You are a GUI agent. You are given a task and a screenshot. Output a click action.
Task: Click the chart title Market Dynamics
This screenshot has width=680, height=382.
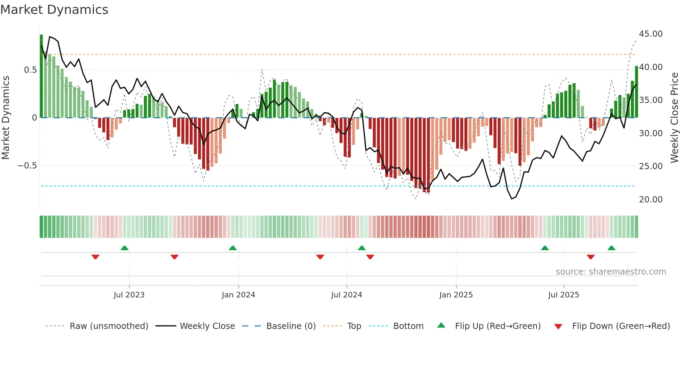[x=54, y=10]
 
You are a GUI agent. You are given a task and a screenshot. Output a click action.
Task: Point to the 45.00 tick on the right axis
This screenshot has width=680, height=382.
[x=651, y=34]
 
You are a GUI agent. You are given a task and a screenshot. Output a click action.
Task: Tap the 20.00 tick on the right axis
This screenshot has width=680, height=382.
[x=651, y=200]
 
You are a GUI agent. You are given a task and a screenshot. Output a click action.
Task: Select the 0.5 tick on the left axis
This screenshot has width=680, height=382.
[x=30, y=70]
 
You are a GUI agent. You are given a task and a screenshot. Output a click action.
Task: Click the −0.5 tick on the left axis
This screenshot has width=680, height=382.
[x=27, y=166]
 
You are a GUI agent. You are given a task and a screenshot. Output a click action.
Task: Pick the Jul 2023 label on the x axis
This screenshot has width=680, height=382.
[x=129, y=295]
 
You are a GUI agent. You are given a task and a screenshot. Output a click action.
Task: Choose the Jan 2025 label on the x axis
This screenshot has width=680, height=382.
[x=456, y=295]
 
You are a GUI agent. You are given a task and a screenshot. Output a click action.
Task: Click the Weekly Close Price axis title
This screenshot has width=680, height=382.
[x=674, y=118]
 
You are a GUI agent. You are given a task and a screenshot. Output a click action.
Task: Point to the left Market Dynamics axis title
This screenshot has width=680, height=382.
[x=6, y=118]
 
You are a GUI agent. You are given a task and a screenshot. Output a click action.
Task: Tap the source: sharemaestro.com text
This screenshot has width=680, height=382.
[x=611, y=272]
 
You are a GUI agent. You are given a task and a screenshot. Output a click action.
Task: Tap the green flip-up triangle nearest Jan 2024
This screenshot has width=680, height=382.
[x=233, y=248]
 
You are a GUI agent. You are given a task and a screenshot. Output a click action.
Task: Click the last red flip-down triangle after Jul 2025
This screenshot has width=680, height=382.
[x=591, y=257]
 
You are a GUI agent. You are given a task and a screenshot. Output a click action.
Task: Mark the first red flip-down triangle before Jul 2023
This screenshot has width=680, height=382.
[x=95, y=257]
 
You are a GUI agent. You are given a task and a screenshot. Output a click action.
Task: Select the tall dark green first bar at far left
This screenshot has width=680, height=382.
[x=41, y=76]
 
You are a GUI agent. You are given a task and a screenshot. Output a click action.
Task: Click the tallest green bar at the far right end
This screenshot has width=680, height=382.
[x=637, y=92]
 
